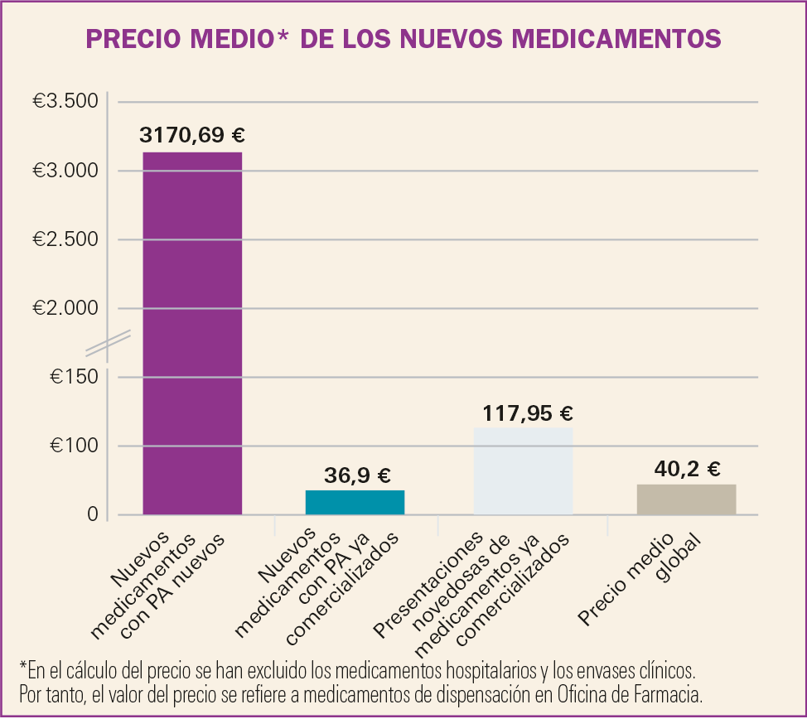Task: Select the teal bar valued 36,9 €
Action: point(355,502)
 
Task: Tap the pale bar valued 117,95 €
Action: point(523,470)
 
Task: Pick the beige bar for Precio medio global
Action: point(686,499)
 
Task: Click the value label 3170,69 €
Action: point(192,135)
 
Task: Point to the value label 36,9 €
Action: point(356,475)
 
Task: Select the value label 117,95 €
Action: point(527,413)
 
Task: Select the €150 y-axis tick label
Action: point(74,377)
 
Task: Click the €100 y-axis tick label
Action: point(74,446)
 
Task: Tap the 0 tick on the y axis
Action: point(92,514)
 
